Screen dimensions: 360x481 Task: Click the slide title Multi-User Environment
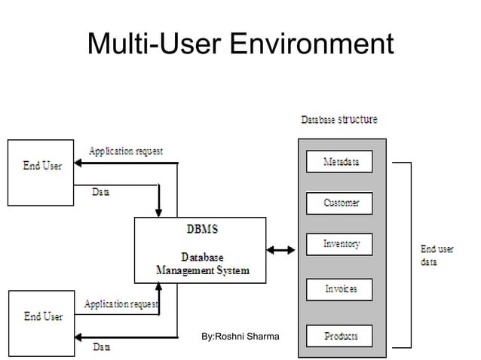click(x=240, y=44)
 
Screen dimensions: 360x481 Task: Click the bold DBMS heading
click(x=199, y=227)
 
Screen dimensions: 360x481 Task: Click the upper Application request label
click(x=125, y=151)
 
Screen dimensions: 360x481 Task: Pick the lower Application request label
click(x=120, y=304)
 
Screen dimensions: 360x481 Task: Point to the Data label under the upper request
click(x=100, y=192)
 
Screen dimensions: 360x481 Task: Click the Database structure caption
click(x=339, y=120)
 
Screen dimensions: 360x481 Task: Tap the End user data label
click(x=437, y=255)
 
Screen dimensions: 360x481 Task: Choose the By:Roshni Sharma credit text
click(x=240, y=335)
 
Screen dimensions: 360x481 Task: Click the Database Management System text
click(x=201, y=263)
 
